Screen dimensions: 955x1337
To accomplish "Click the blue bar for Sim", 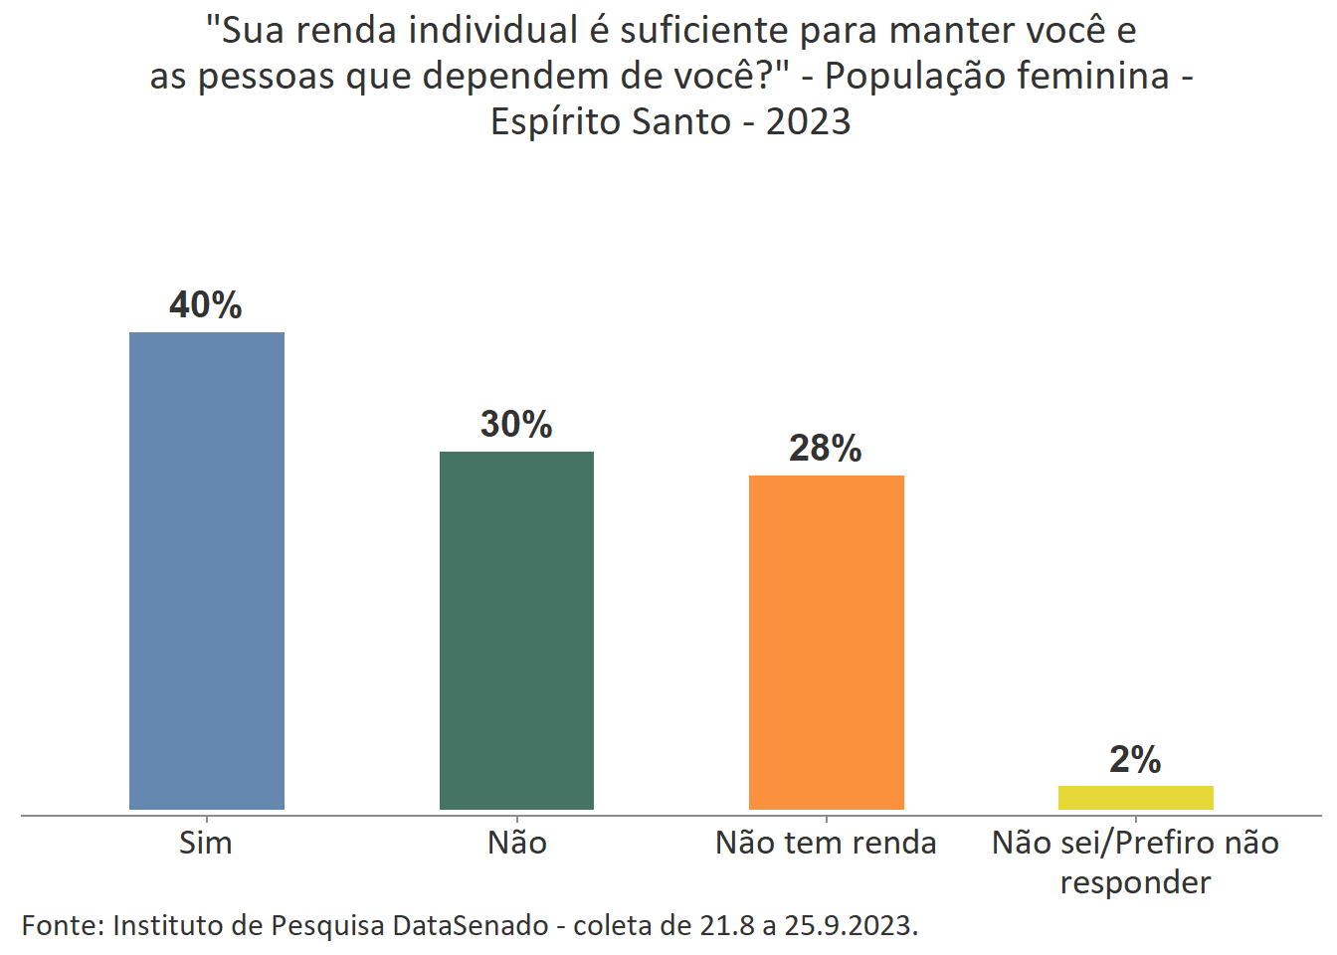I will point(207,570).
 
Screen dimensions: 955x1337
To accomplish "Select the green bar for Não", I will point(516,630).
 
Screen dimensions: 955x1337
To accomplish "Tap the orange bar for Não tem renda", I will point(826,642).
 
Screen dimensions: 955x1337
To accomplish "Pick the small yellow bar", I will point(1135,797).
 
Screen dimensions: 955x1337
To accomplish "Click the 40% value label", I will point(206,304).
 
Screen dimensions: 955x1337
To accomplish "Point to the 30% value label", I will point(516,424).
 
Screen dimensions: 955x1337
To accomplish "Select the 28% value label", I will point(826,448).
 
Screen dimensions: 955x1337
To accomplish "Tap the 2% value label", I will point(1135,759).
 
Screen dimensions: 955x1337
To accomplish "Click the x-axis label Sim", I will point(206,843).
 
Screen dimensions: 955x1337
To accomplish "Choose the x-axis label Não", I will point(516,843).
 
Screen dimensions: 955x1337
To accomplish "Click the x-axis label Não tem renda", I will point(826,843).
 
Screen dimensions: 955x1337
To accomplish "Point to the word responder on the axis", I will point(1135,882).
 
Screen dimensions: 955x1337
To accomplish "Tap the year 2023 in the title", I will point(808,122).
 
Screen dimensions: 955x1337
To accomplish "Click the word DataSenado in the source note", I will point(470,925).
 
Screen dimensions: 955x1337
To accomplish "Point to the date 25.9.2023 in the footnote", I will point(849,925).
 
